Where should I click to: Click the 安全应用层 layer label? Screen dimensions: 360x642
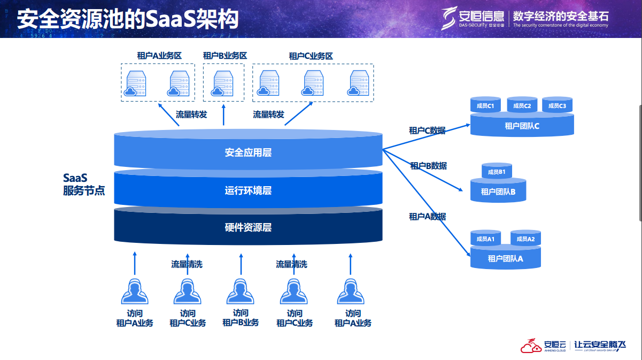click(x=248, y=152)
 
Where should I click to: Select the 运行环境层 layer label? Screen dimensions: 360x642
click(x=248, y=190)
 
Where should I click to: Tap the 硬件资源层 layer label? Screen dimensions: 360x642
click(x=248, y=227)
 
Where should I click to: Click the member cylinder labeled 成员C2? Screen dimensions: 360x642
click(x=522, y=105)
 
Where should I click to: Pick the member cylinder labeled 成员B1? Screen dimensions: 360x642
click(x=497, y=171)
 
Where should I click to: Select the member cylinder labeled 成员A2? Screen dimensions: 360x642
click(x=525, y=239)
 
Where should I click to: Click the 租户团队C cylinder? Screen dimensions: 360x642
click(x=522, y=126)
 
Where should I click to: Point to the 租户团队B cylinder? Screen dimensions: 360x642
click(x=498, y=192)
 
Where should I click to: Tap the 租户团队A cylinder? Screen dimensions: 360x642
click(x=505, y=259)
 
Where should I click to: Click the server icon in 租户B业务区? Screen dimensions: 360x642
click(x=223, y=85)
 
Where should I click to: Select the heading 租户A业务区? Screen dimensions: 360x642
click(x=159, y=56)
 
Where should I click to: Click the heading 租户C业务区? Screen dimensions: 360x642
click(x=311, y=56)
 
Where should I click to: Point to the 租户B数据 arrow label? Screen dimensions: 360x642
click(x=428, y=166)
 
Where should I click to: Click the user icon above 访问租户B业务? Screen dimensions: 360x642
click(x=240, y=293)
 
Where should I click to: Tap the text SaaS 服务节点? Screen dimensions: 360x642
click(x=83, y=184)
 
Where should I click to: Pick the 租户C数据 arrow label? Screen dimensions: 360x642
click(x=427, y=130)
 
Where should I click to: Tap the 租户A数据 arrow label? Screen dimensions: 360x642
click(x=427, y=216)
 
